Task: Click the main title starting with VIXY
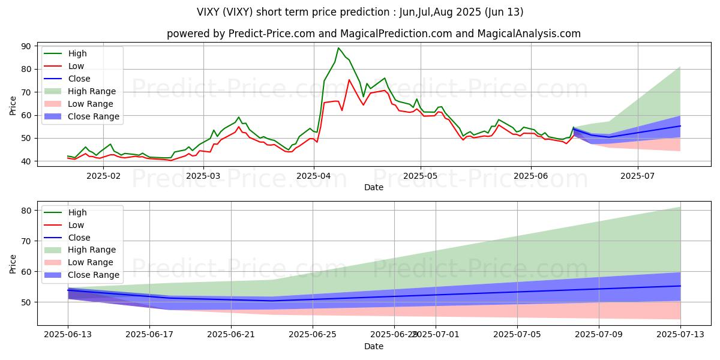point(360,12)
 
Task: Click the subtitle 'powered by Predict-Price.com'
point(373,34)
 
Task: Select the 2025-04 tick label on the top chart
point(314,175)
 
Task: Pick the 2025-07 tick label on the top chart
point(637,175)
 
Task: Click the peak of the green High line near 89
point(338,48)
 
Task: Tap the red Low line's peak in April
point(349,80)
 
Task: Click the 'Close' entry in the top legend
point(79,79)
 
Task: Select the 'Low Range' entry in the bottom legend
point(92,262)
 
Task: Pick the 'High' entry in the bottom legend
point(77,212)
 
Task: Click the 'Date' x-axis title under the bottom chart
point(374,346)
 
